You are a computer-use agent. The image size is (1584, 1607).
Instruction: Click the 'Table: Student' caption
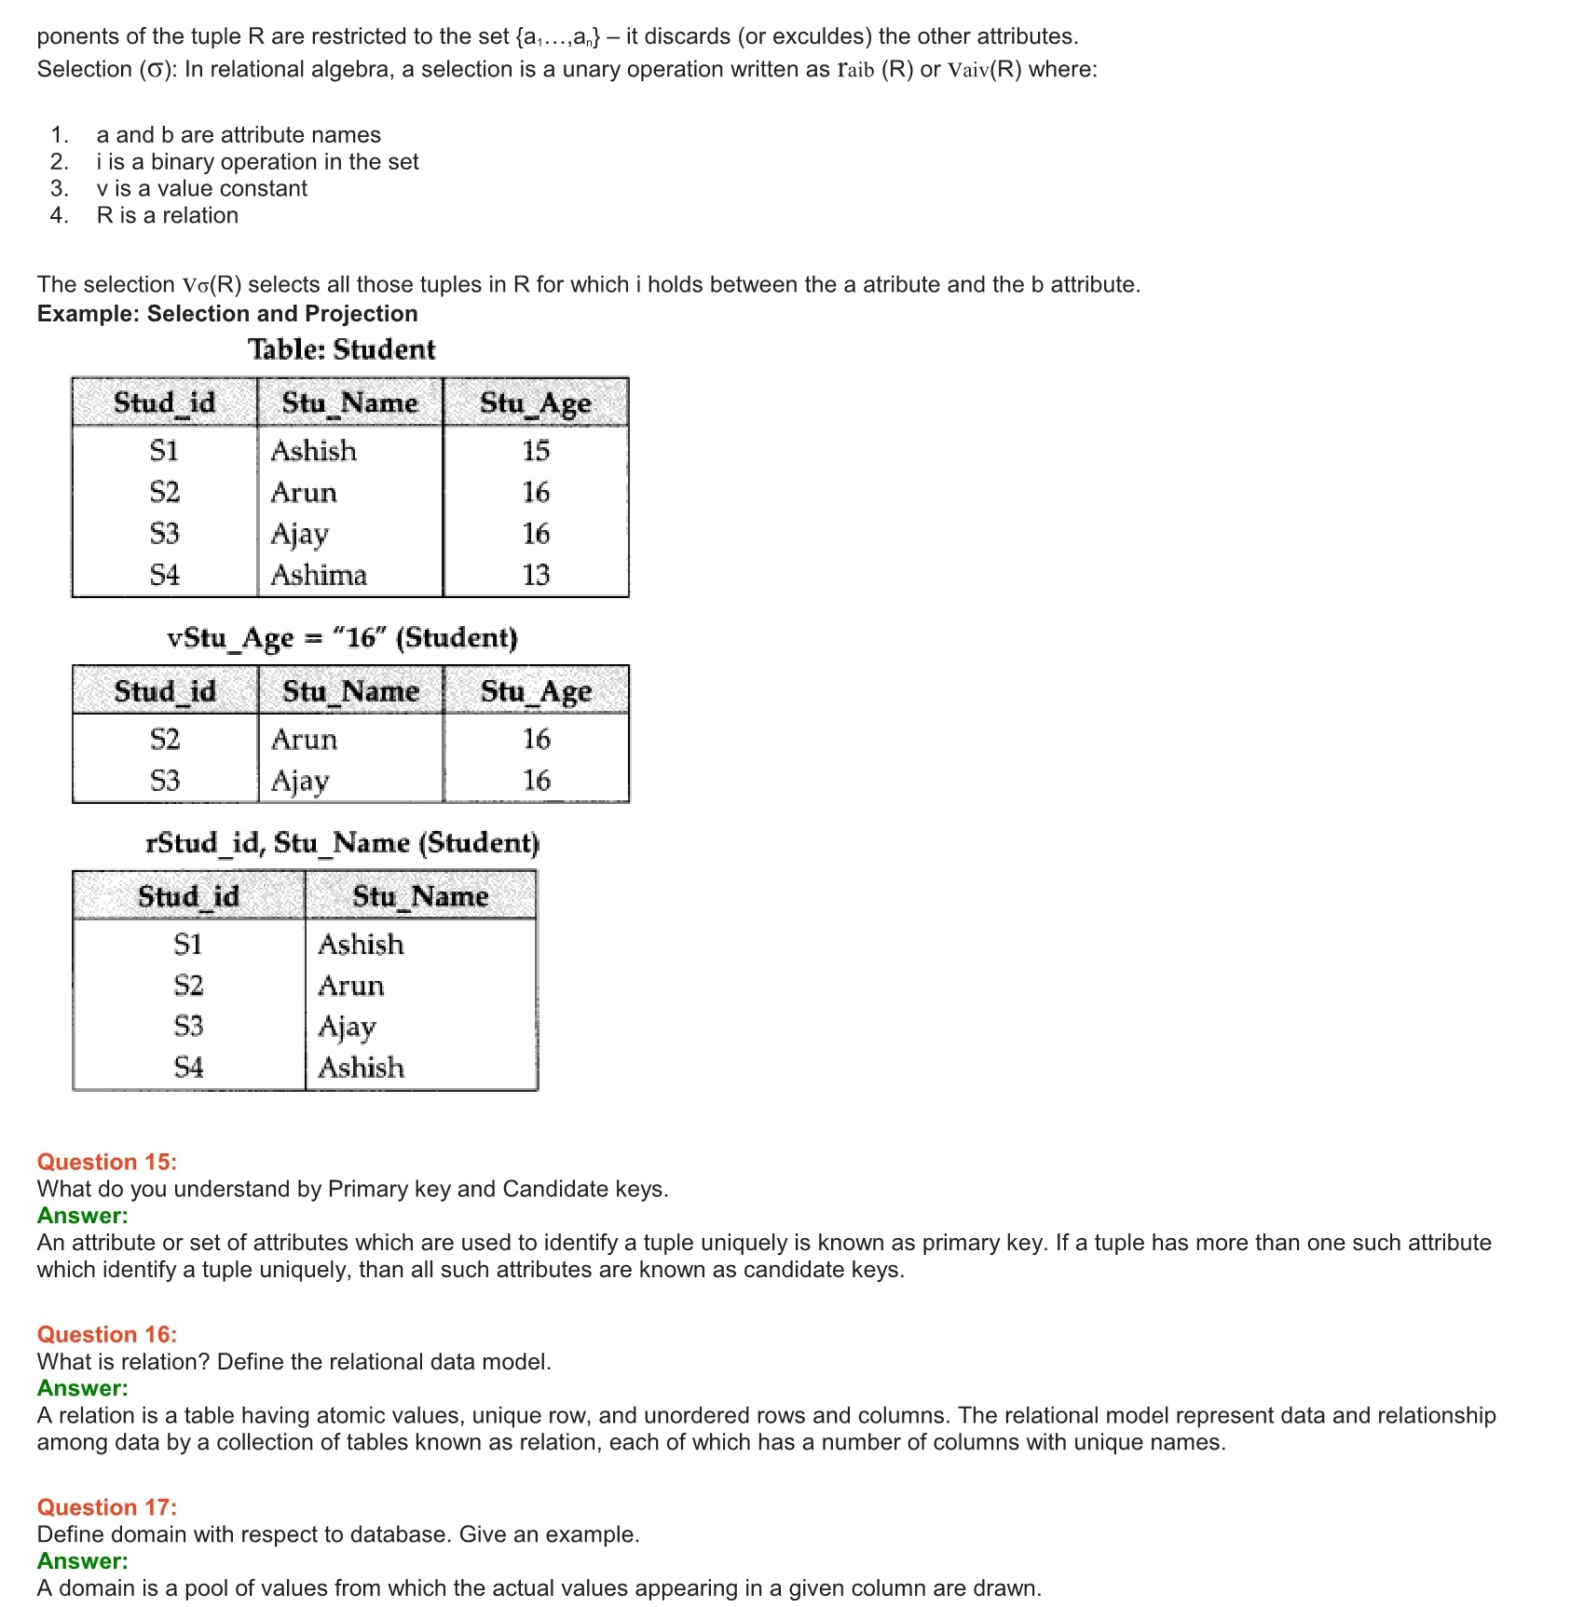tap(341, 349)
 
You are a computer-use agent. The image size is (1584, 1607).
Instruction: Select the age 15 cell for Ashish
tap(536, 451)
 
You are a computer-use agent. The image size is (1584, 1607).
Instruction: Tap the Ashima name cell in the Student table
tap(319, 575)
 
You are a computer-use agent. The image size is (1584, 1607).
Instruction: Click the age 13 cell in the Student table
tap(536, 575)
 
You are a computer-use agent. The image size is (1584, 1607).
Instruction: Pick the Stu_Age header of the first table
tap(536, 402)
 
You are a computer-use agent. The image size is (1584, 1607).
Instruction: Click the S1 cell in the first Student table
tap(164, 451)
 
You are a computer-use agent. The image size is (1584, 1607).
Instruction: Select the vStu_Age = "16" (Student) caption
tap(342, 638)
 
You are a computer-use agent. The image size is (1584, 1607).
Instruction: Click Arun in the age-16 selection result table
tap(304, 740)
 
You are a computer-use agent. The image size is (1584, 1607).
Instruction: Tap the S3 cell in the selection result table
tap(165, 781)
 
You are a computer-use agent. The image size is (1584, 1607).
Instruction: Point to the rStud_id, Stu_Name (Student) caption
tap(342, 843)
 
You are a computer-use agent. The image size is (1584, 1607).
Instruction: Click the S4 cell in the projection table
tap(188, 1068)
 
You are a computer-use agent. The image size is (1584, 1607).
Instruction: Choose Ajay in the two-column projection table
tap(347, 1027)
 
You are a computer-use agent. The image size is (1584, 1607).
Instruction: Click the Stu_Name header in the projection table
tap(420, 896)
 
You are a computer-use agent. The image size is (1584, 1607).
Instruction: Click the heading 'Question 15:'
tap(107, 1162)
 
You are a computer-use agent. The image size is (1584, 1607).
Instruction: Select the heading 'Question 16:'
tap(107, 1334)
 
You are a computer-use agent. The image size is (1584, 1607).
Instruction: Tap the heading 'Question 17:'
tap(107, 1507)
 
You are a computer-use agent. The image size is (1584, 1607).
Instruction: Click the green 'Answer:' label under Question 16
tap(83, 1388)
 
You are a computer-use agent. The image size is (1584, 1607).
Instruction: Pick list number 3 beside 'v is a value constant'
tap(60, 189)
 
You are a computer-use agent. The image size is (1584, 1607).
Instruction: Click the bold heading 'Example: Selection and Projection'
tap(227, 314)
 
